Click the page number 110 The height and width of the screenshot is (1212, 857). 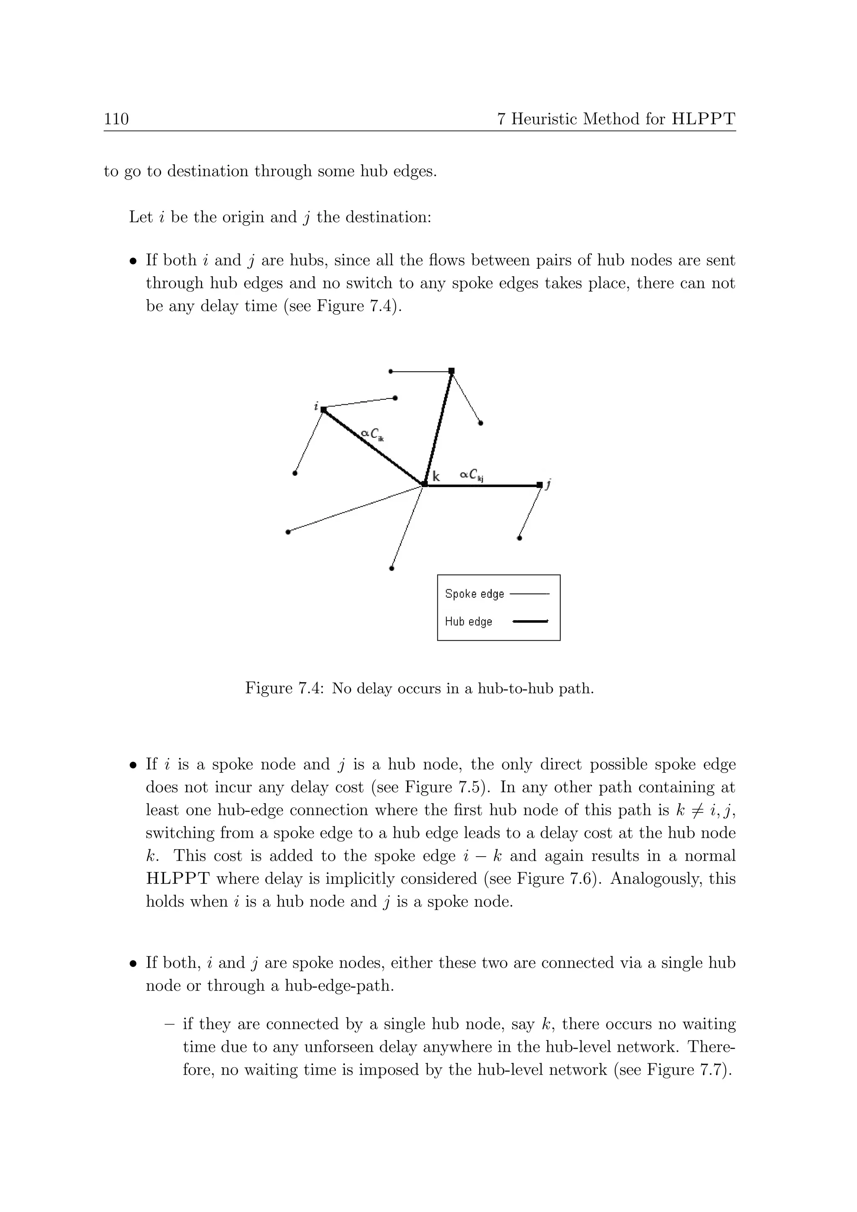tap(116, 119)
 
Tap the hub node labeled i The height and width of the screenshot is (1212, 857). tap(323, 410)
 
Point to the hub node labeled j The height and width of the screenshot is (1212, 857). tap(539, 485)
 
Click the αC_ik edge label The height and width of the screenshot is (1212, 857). tap(372, 434)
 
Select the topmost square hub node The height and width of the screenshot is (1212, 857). tap(451, 371)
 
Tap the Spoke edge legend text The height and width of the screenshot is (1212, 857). tap(475, 594)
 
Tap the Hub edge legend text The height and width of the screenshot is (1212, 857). tap(469, 622)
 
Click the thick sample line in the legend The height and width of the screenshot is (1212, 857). tap(530, 622)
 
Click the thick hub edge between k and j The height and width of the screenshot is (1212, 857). tap(483, 485)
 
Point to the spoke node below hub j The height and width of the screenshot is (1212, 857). tap(519, 539)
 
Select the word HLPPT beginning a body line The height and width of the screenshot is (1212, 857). tap(177, 879)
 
